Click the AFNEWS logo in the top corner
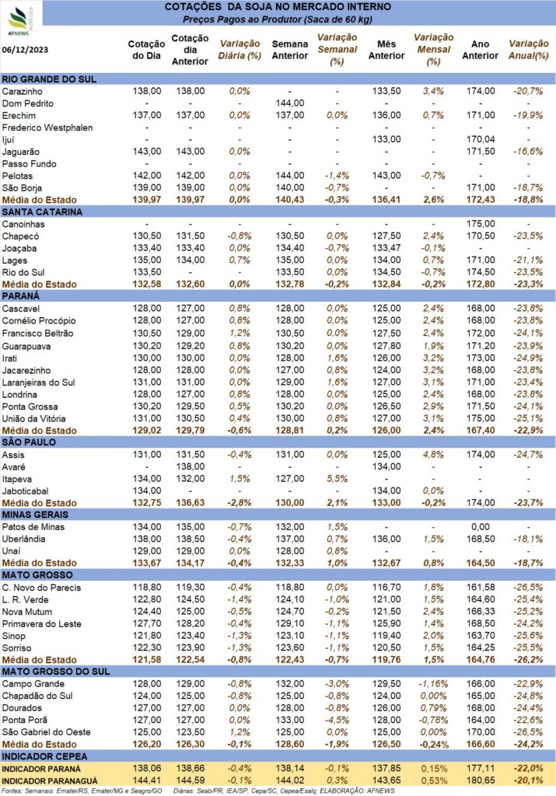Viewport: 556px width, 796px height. coord(19,20)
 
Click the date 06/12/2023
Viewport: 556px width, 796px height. coord(26,50)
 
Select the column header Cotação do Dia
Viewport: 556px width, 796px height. coord(147,50)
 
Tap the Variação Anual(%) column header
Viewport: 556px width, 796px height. coord(529,50)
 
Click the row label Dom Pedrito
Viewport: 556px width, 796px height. coord(27,103)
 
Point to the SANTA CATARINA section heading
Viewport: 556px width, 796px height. coord(42,212)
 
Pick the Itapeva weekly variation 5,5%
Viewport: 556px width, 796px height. coord(337,479)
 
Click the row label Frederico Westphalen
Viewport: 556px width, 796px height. coord(47,127)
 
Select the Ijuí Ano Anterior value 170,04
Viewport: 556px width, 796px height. coord(481,139)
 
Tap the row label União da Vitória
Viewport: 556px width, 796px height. coord(33,419)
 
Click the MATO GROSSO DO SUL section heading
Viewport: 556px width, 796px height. coord(56,672)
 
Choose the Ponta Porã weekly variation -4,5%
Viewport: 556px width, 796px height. coord(337,720)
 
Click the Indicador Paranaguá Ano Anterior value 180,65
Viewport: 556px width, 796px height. coord(481,780)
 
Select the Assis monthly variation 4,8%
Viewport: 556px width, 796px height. coord(433,454)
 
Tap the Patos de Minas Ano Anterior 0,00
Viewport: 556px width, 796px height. coord(481,527)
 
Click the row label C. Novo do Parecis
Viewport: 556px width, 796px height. coord(42,588)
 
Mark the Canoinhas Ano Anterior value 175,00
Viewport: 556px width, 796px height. coord(481,224)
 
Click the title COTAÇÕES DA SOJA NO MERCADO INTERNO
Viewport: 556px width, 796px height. coord(278,7)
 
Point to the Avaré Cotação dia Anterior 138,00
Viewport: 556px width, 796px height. coord(191,466)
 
